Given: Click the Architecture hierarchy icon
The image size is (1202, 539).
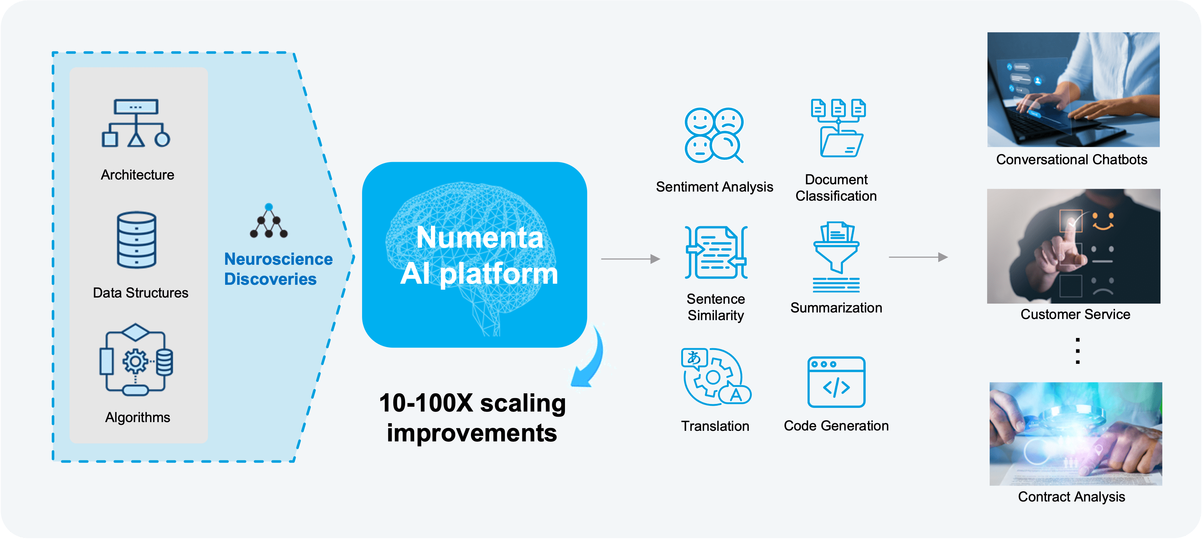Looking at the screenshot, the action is tap(136, 123).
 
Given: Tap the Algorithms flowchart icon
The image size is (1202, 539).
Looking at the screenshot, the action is tap(136, 359).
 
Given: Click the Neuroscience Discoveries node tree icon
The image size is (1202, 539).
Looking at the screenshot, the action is tap(269, 221).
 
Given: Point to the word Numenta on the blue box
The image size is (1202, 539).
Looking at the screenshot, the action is tap(480, 237).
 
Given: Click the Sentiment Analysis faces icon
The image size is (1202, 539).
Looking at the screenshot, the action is tap(714, 135).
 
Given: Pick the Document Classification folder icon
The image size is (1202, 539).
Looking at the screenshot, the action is tap(838, 128).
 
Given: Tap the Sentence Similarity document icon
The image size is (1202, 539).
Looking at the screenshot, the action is tap(716, 252).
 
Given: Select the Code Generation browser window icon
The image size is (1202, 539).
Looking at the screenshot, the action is tap(836, 382).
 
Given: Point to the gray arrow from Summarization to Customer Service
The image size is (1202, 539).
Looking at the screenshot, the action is tap(918, 257).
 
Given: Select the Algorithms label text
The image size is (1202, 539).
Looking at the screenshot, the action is tap(138, 417).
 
